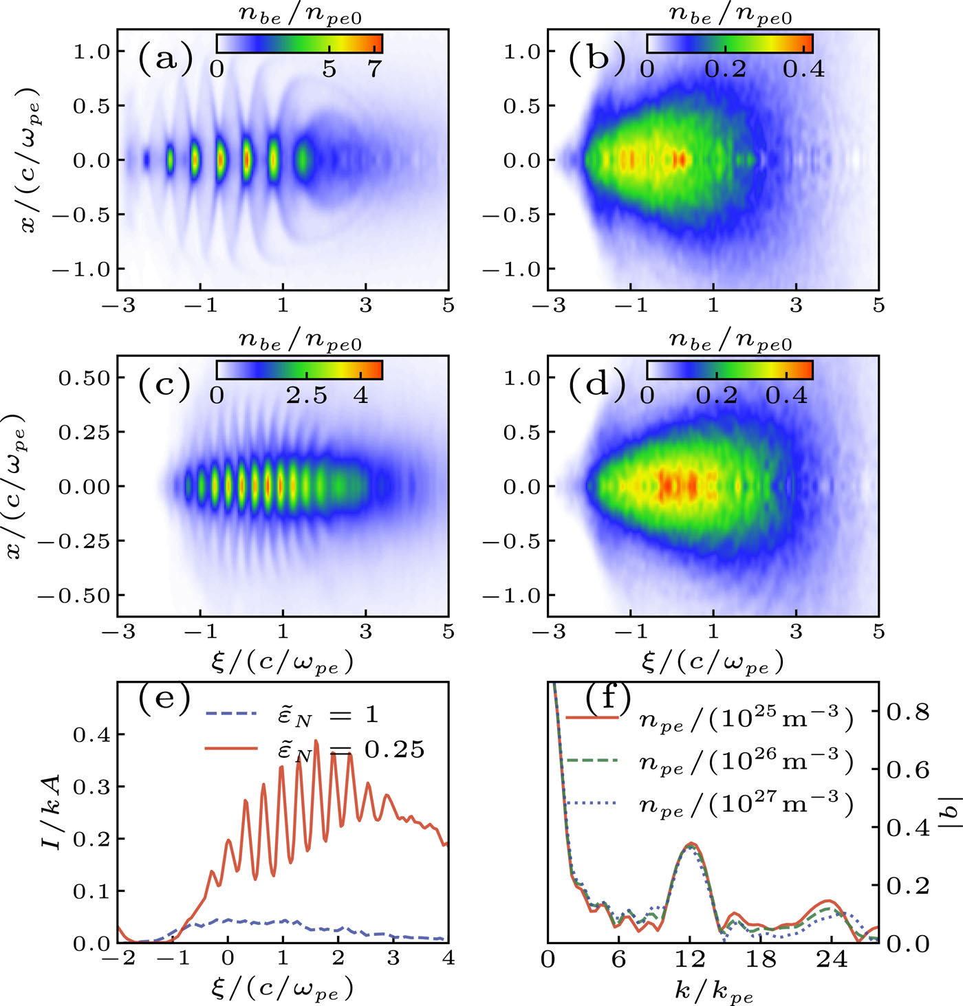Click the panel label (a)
pos(165,58)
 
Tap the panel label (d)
pos(596,385)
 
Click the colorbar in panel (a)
pos(299,43)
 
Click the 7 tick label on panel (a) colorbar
pos(374,69)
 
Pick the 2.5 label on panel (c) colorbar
pos(307,395)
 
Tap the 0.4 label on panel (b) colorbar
pos(803,69)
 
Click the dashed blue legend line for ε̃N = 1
pos(231,713)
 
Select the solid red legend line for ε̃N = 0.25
pos(231,749)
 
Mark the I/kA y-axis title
pos(52,811)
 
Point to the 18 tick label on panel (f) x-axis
pos(761,959)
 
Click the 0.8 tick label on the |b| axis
pos(908,712)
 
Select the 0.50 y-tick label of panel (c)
pos(83,378)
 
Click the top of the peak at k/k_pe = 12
pos(691,843)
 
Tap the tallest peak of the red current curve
pos(316,741)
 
